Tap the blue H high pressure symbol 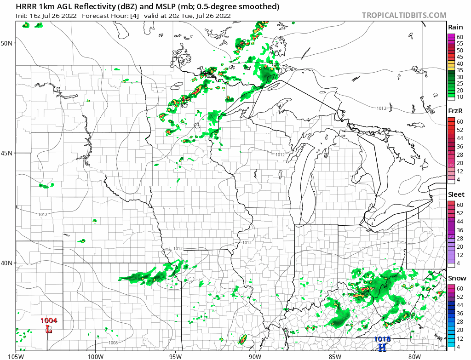pyautogui.click(x=382, y=348)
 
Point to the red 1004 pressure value pyautogui.click(x=49, y=320)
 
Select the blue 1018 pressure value pyautogui.click(x=382, y=339)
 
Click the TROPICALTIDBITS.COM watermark pyautogui.click(x=404, y=15)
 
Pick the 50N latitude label pyautogui.click(x=7, y=43)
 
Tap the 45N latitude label pyautogui.click(x=7, y=153)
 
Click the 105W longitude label pyautogui.click(x=16, y=355)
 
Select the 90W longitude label pyautogui.click(x=254, y=355)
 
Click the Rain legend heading pyautogui.click(x=456, y=27)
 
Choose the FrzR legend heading pyautogui.click(x=456, y=111)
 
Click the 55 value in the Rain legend pyautogui.click(x=460, y=43)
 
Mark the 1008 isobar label pyautogui.click(x=113, y=343)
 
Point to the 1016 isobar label pyautogui.click(x=405, y=303)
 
